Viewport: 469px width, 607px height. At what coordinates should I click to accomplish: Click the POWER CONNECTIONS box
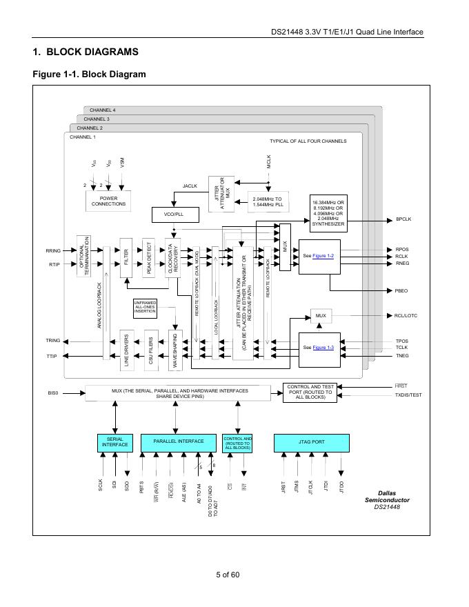click(108, 201)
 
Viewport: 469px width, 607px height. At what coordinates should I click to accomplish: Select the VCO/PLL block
click(173, 215)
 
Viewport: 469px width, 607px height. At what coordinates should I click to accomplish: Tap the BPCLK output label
click(403, 219)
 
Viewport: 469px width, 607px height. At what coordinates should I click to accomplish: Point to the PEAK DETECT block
click(148, 257)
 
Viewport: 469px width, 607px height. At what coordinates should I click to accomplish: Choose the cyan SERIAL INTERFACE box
click(115, 441)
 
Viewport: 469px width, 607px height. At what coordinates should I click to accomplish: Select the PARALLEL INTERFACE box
click(179, 441)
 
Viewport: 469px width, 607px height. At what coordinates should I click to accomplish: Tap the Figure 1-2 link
click(323, 256)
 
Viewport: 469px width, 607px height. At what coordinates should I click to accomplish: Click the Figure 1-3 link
click(323, 347)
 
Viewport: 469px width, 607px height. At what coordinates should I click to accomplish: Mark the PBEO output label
click(402, 291)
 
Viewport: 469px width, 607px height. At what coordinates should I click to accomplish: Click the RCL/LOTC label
click(407, 316)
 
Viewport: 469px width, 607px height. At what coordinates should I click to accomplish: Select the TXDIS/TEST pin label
click(408, 395)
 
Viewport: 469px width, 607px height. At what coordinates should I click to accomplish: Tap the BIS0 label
click(53, 393)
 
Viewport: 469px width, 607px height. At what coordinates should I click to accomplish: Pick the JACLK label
click(190, 186)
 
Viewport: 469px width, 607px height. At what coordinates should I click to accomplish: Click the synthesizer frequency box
click(328, 213)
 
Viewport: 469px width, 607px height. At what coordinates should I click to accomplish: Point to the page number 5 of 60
click(228, 575)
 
